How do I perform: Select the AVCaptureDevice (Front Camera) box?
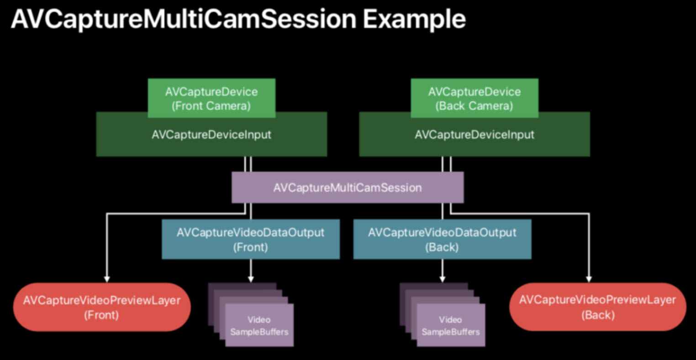click(x=211, y=98)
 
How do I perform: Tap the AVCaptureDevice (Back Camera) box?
click(x=475, y=98)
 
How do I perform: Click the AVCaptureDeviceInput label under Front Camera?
click(x=211, y=135)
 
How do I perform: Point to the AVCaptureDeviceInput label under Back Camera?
click(x=475, y=135)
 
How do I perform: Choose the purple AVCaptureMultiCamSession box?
click(x=348, y=188)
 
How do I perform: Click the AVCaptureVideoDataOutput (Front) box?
click(x=251, y=239)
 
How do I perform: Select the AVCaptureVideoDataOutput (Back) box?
click(x=442, y=239)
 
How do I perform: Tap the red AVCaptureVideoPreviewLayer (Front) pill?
click(x=102, y=307)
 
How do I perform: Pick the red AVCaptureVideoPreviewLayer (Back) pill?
click(x=598, y=307)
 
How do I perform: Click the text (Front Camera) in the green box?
click(x=211, y=106)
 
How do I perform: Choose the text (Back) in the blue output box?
click(x=442, y=248)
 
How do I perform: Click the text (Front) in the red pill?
click(x=102, y=315)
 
